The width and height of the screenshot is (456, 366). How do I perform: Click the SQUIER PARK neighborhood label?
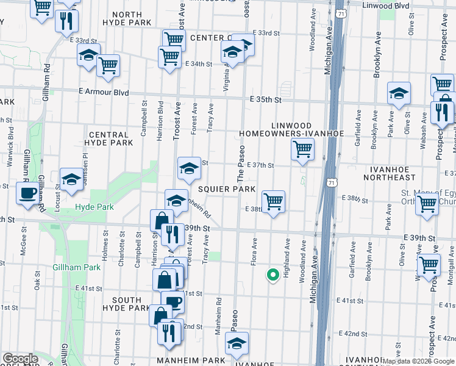[x=226, y=190]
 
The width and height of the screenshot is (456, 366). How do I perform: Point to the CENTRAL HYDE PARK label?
[x=110, y=138]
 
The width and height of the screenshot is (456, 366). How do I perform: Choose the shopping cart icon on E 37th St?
[x=302, y=148]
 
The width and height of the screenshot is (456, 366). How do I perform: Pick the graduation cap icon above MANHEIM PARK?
[x=236, y=343]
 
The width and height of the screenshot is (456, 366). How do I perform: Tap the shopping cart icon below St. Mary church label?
[x=427, y=206]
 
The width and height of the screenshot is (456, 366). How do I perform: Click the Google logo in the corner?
[x=20, y=359]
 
